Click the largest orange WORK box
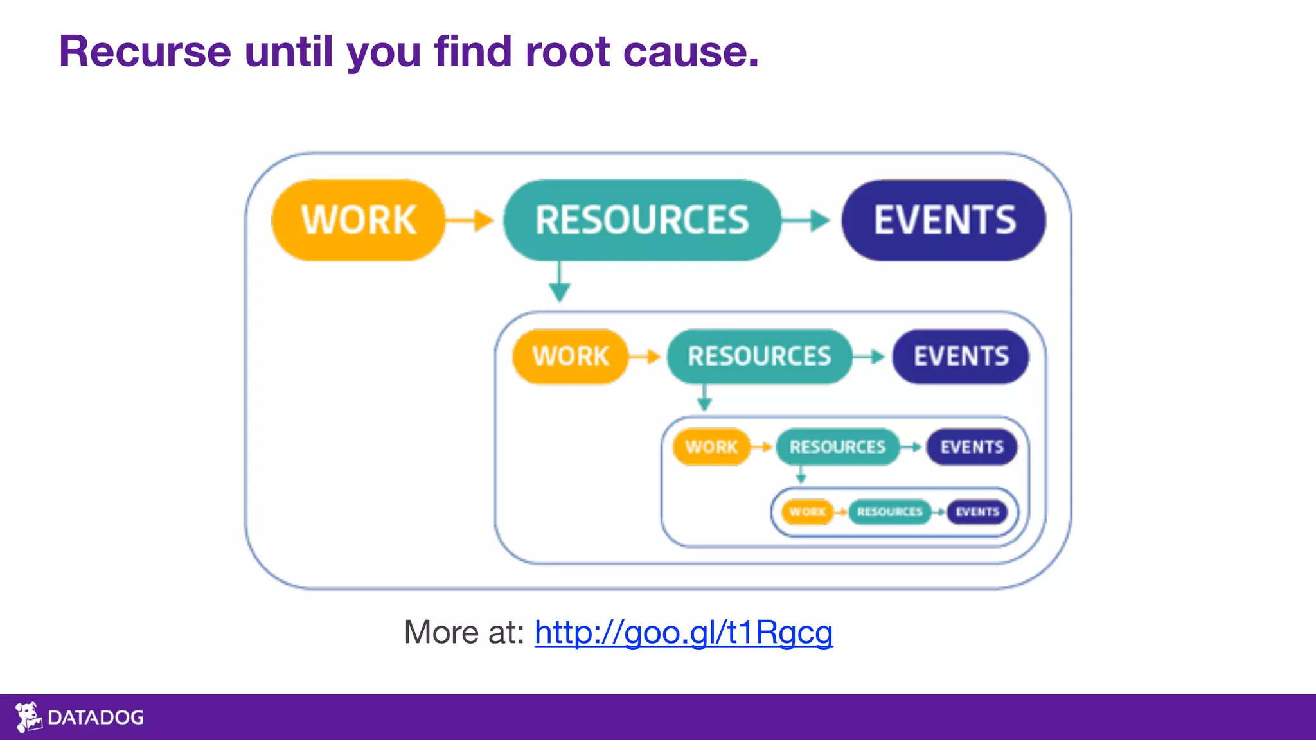tap(359, 220)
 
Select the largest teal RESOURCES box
tap(642, 220)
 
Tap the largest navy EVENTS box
tap(944, 220)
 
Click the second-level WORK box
tap(570, 357)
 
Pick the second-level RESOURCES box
tap(760, 357)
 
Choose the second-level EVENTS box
tap(961, 357)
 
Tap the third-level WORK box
tap(711, 447)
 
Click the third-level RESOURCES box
tap(837, 447)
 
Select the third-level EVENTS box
tap(972, 447)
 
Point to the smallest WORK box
tap(807, 512)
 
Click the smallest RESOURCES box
tap(890, 512)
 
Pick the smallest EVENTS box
tap(977, 512)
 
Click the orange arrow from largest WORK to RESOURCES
tap(470, 220)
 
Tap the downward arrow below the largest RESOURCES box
tap(560, 283)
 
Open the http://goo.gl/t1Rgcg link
tap(683, 633)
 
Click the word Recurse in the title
tap(145, 51)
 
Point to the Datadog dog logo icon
tap(28, 717)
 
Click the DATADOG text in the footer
tap(96, 718)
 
